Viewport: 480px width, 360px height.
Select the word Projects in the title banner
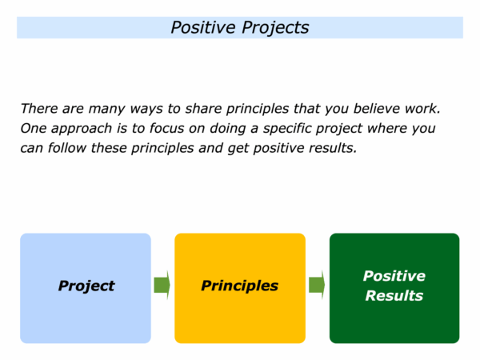point(275,28)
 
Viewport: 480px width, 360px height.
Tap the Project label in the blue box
point(86,286)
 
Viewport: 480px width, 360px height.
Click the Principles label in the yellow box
point(240,286)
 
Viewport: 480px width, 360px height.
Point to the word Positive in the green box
point(394,276)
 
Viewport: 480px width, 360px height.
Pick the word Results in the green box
point(394,296)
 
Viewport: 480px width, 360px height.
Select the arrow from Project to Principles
point(162,285)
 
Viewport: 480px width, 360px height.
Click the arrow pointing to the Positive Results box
point(317,285)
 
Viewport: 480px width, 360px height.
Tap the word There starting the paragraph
point(39,109)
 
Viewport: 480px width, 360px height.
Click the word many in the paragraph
point(106,110)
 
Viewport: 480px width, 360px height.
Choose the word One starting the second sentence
point(33,129)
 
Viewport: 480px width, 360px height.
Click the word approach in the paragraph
point(82,130)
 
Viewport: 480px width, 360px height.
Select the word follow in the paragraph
point(66,148)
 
